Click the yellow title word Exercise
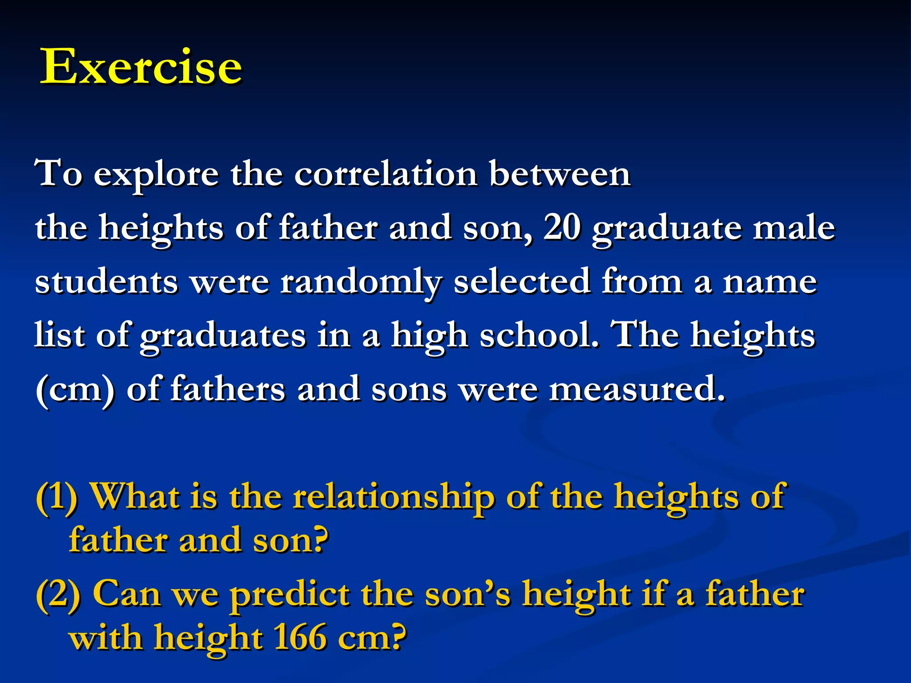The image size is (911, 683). pos(141,67)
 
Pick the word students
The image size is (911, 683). pos(107,282)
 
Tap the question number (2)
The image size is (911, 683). pos(58,595)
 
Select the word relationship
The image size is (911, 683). pos(394,498)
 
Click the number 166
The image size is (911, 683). pos(299,638)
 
